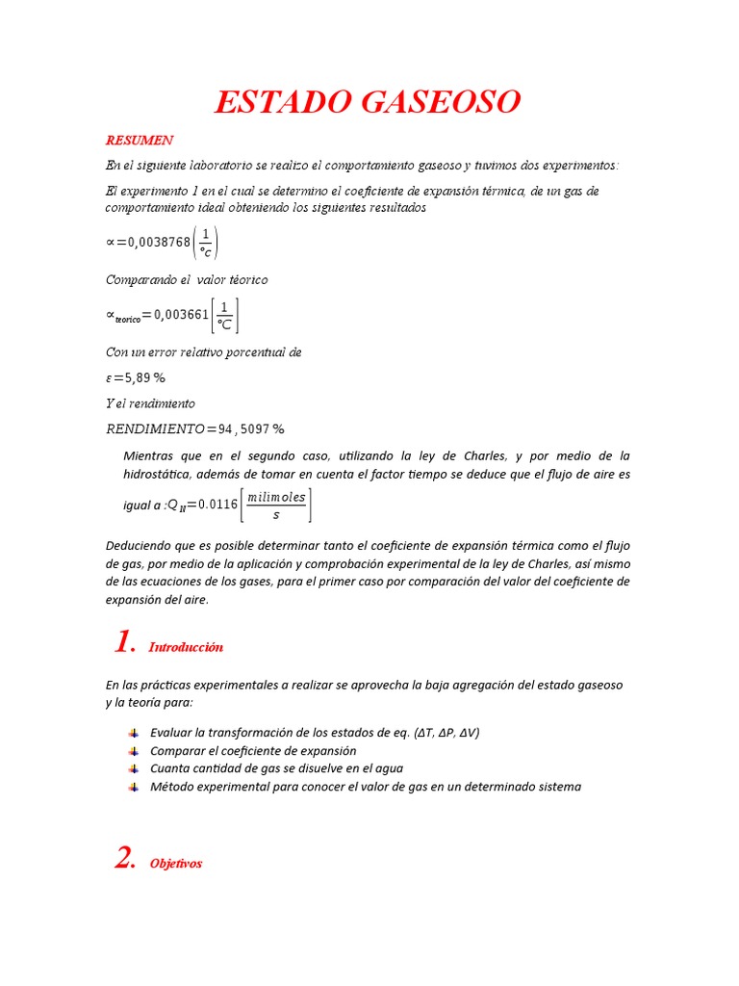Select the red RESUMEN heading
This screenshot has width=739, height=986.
pyautogui.click(x=140, y=141)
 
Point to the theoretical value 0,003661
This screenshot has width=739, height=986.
pyautogui.click(x=181, y=315)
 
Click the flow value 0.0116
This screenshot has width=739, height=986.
pyautogui.click(x=218, y=504)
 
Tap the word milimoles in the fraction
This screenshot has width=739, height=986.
pyautogui.click(x=276, y=497)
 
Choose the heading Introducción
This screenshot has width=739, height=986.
pyautogui.click(x=186, y=647)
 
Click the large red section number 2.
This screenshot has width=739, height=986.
pyautogui.click(x=125, y=859)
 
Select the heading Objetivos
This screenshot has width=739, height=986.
pyautogui.click(x=176, y=864)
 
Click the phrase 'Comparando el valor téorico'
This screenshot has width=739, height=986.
pyautogui.click(x=187, y=280)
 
